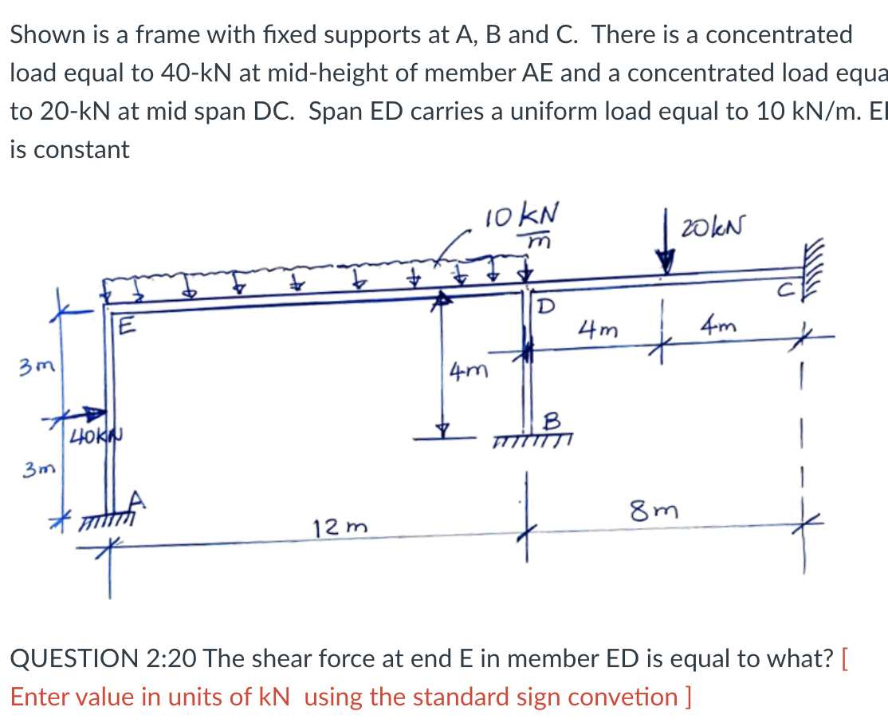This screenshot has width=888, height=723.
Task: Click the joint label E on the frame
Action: [125, 326]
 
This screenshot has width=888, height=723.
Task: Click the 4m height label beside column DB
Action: [466, 372]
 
